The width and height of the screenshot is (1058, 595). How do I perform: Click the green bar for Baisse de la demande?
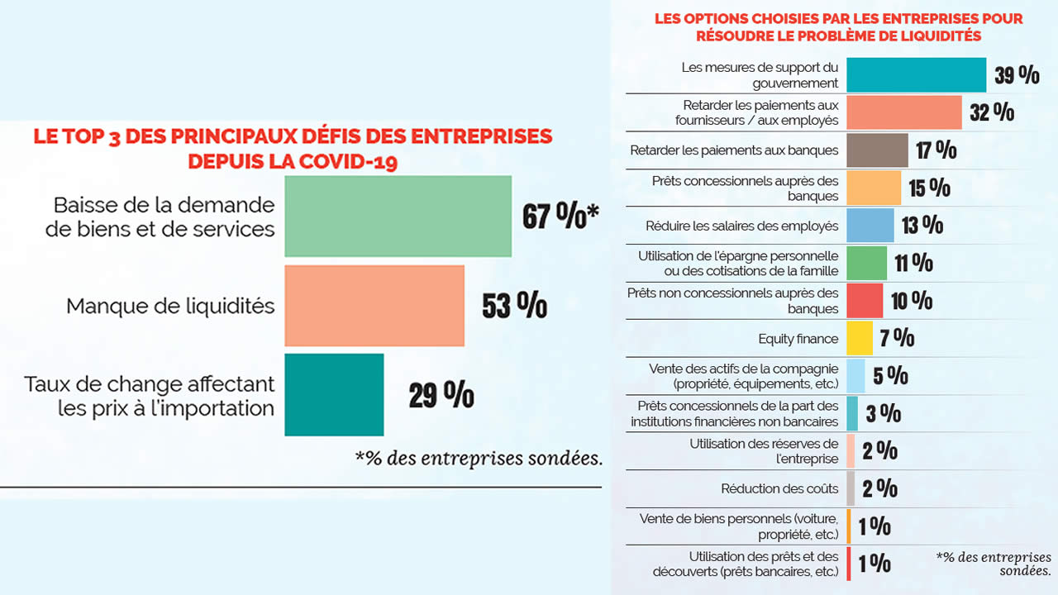(398, 216)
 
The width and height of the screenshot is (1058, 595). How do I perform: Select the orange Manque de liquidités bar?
(374, 306)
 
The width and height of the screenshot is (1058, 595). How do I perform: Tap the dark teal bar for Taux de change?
(334, 394)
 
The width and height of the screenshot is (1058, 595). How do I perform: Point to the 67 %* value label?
(560, 216)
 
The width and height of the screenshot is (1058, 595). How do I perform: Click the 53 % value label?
(514, 305)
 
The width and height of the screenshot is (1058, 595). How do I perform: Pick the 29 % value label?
(441, 395)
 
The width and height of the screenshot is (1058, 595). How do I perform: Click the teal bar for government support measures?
(916, 74)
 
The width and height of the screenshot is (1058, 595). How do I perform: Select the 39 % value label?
(1017, 75)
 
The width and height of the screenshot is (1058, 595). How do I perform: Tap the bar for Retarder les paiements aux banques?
(877, 150)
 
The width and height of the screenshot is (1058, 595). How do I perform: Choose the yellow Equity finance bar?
(859, 338)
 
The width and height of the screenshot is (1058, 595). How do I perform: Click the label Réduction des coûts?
(779, 488)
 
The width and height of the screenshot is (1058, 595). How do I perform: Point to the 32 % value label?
(992, 112)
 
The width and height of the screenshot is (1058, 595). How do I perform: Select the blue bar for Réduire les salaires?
(870, 225)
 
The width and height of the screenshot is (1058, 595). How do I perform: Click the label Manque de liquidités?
(170, 306)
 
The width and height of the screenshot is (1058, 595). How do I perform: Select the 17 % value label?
(936, 150)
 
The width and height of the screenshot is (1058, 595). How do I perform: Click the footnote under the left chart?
(479, 457)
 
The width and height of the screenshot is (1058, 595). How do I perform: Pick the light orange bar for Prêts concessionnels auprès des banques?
(874, 188)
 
